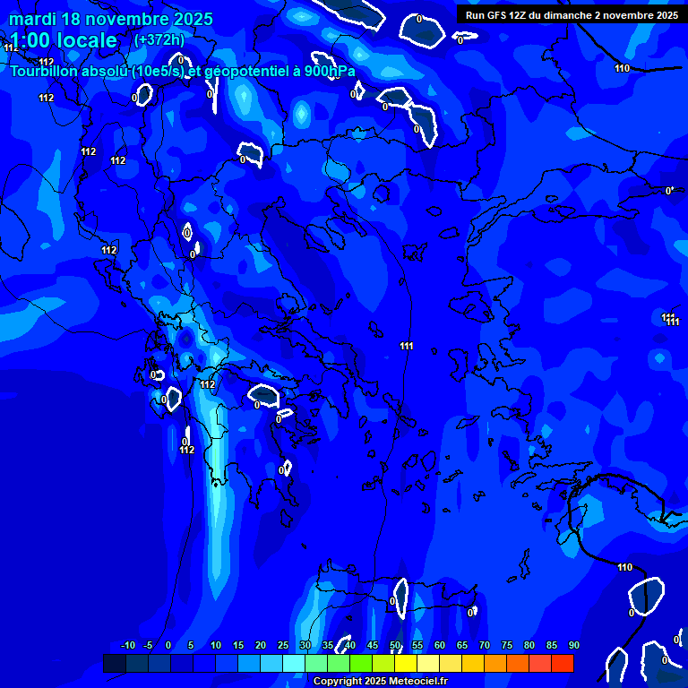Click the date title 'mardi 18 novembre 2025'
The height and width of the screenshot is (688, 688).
point(111,19)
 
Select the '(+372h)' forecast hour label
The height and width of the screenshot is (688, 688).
point(159,40)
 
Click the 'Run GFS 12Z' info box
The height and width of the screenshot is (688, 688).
point(572,15)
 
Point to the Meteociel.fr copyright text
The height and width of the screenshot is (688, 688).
point(380,682)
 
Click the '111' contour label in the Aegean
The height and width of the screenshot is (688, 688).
point(407,346)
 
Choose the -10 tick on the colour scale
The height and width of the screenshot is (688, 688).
point(127,646)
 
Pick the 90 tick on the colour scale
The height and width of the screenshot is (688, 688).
point(573,646)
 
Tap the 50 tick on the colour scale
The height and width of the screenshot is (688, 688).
point(395,646)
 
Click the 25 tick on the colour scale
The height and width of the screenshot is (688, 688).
point(283,646)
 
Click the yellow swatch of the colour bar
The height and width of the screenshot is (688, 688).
point(406,663)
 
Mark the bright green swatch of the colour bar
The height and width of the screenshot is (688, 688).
point(361,663)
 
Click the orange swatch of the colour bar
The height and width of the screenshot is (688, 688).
point(495,663)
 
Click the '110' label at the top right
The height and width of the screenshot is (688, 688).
point(623,68)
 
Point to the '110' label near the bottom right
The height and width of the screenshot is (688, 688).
point(624,567)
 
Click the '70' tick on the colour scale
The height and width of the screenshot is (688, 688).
point(485,646)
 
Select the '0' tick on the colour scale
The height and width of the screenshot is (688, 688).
point(168,646)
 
